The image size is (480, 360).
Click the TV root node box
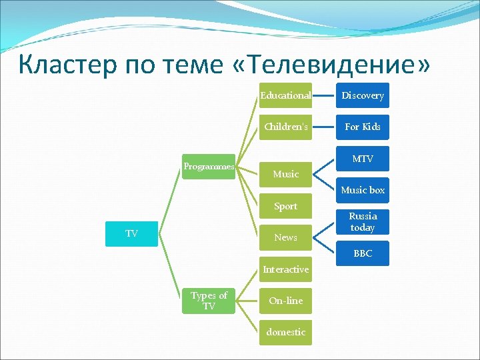coord(132,233)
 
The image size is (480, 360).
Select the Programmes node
coord(209,167)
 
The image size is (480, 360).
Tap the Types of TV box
coord(209,301)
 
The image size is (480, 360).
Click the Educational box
coord(285,95)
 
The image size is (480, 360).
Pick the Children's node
coord(285,127)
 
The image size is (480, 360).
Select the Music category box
coord(285,174)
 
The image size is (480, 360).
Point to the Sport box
coord(285,206)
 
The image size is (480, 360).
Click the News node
coord(285,237)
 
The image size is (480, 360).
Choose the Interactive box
coord(285,269)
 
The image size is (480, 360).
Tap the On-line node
coord(285,301)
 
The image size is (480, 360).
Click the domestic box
coord(285,332)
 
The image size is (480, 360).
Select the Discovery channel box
coord(363,95)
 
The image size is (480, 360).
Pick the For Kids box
coord(363,127)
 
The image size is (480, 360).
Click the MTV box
coord(363,159)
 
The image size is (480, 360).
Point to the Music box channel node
coord(363,190)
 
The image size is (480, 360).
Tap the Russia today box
coord(363,222)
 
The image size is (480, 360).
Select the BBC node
coord(363,253)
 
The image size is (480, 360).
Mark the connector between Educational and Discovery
coord(324,95)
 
